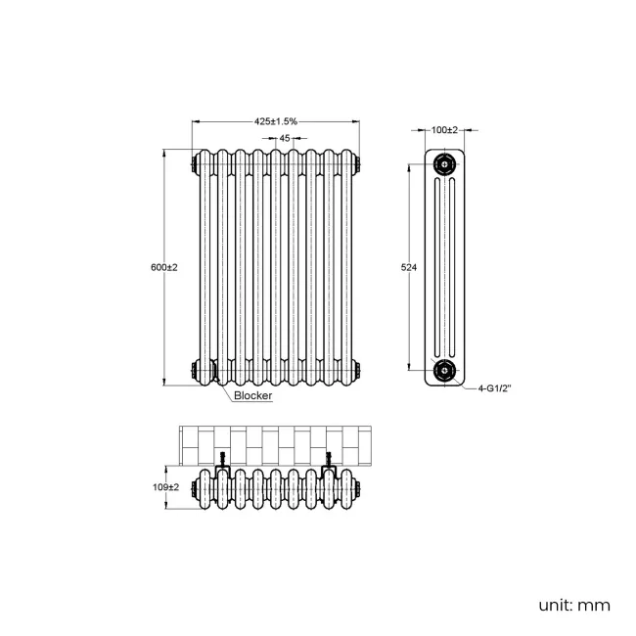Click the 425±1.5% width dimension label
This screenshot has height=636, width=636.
276,121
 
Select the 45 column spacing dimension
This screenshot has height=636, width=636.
284,139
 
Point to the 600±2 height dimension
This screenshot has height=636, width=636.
165,268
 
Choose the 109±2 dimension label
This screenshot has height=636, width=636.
166,487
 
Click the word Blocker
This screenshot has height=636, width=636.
252,397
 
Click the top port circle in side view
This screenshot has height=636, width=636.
446,164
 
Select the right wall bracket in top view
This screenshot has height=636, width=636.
330,462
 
